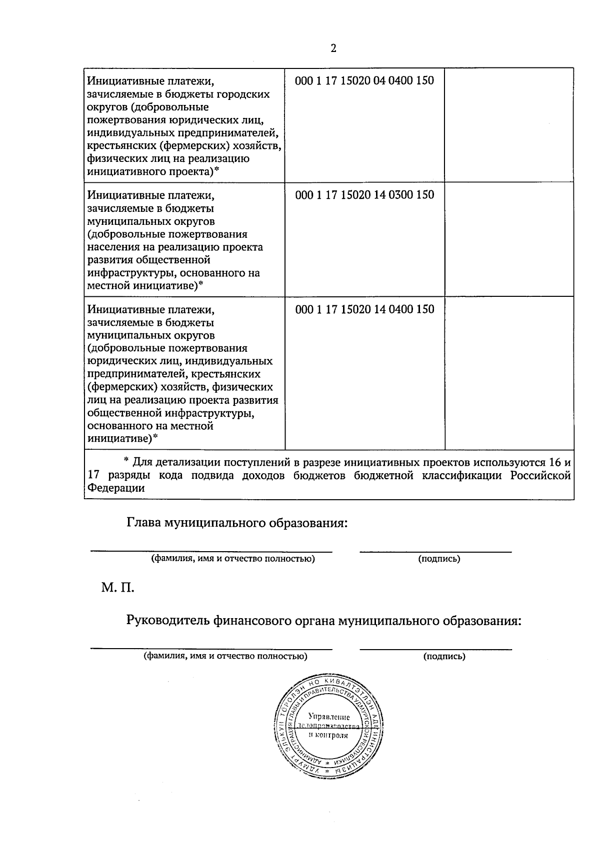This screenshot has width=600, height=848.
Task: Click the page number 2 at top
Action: coord(333,48)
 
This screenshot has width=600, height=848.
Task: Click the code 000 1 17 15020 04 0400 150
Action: coord(364,81)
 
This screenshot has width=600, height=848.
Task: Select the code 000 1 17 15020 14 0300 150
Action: coord(364,195)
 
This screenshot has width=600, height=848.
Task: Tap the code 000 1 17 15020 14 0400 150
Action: coord(364,309)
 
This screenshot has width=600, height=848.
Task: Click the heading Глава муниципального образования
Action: coord(237,523)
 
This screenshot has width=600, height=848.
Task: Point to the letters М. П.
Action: coord(118,587)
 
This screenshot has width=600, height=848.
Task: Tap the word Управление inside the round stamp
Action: coord(328,718)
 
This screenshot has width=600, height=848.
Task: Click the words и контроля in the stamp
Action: coord(328,736)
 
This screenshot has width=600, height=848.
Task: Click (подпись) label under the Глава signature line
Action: coord(439,559)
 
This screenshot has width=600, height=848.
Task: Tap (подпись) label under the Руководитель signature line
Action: coord(444,657)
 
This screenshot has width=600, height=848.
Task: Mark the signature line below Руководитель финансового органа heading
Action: coord(435,649)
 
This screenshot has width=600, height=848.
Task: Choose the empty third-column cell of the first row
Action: coord(509,125)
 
